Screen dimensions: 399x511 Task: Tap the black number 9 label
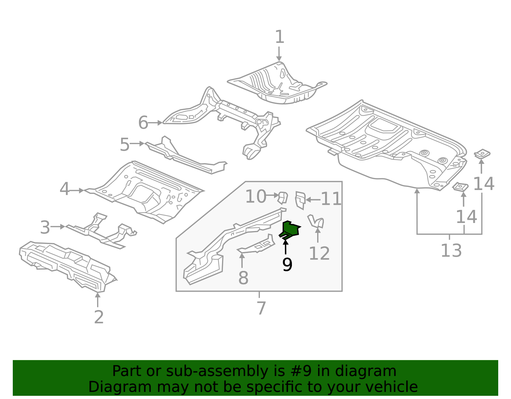(287, 265)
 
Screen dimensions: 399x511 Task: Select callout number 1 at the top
(279, 37)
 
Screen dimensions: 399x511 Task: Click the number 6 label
(143, 123)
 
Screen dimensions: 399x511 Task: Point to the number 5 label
(125, 145)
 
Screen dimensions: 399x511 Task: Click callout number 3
(45, 228)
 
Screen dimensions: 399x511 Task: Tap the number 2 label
(99, 317)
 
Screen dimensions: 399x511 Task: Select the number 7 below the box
(261, 308)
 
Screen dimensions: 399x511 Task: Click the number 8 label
(243, 278)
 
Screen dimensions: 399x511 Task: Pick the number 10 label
(256, 196)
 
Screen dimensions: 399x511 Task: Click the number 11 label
(331, 199)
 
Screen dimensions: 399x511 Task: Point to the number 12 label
(319, 254)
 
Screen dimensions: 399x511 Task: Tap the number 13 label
(451, 250)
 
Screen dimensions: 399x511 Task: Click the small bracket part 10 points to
(282, 198)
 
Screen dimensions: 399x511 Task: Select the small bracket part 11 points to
(300, 200)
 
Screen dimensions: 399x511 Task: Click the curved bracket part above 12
(316, 221)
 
